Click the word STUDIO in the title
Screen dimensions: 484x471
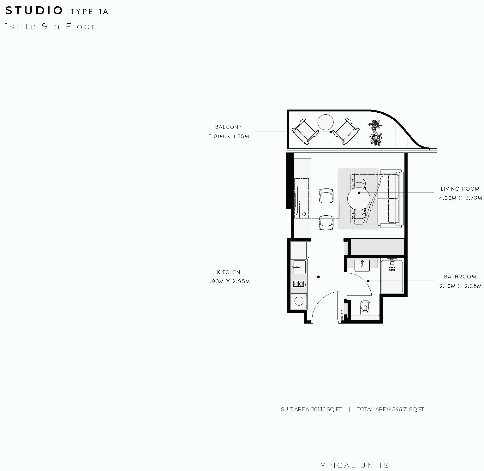tap(34, 11)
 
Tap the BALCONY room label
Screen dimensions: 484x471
tap(228, 127)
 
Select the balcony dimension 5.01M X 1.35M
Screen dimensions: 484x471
tap(229, 137)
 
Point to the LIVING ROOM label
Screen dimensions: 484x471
tap(460, 189)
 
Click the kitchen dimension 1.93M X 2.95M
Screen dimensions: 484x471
tap(229, 282)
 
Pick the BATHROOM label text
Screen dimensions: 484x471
tap(460, 277)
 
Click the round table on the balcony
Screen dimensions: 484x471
tap(326, 122)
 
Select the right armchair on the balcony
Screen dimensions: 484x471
tap(346, 131)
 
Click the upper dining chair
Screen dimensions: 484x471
tap(326, 195)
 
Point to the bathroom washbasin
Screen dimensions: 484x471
tap(362, 266)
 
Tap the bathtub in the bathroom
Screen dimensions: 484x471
tap(392, 276)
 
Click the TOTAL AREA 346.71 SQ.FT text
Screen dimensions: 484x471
tap(390, 409)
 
